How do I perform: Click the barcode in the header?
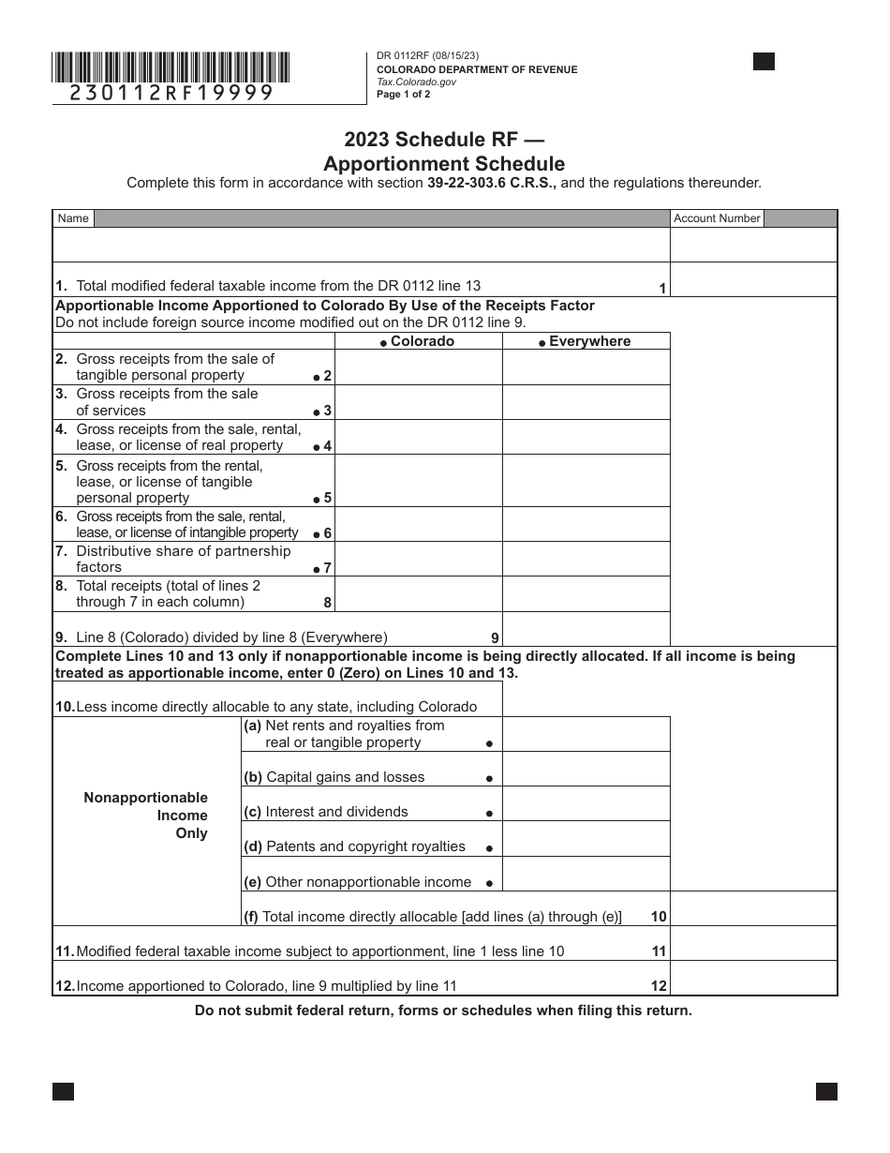[171, 67]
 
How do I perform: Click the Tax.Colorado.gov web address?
[416, 82]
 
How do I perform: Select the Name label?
[73, 218]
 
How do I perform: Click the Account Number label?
[717, 218]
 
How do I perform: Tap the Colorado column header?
[418, 341]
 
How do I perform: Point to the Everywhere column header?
[586, 341]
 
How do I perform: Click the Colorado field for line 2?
[418, 367]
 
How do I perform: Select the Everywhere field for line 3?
[586, 402]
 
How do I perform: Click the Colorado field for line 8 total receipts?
[418, 593]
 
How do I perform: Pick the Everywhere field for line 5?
[586, 480]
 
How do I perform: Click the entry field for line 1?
[753, 279]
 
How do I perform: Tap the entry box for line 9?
[586, 629]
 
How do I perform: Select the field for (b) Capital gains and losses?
[586, 769]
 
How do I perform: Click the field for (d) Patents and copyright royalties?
[586, 838]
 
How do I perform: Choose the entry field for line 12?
[753, 978]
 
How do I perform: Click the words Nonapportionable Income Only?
[146, 816]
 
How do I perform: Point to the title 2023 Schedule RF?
[444, 141]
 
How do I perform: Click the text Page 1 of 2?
[404, 94]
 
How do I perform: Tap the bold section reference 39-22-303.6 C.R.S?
[492, 184]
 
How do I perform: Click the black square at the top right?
[764, 62]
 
